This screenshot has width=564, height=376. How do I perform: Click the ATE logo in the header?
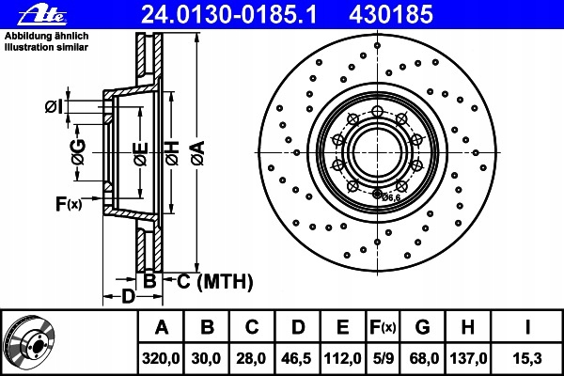click(x=42, y=15)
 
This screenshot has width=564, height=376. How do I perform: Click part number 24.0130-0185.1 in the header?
click(x=229, y=14)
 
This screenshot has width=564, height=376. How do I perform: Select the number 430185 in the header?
click(x=391, y=14)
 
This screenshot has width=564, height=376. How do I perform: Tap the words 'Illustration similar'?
click(x=46, y=47)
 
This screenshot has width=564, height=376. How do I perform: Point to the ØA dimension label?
click(x=198, y=153)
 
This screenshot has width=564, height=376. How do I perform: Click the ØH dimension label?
click(x=172, y=153)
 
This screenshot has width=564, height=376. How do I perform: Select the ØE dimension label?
click(x=141, y=154)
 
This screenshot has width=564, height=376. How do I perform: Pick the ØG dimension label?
click(x=78, y=152)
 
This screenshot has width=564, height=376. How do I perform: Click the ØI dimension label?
click(x=54, y=106)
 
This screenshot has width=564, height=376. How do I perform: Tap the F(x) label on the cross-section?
click(x=69, y=204)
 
